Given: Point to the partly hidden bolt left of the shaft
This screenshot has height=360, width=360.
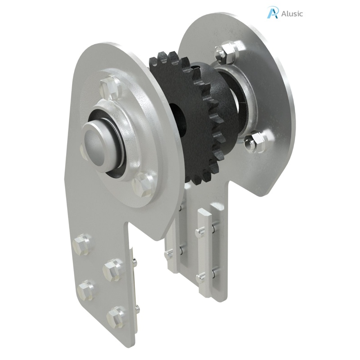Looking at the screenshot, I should click(x=83, y=151).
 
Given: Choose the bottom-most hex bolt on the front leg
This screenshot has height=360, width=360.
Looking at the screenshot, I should click(x=116, y=317).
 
